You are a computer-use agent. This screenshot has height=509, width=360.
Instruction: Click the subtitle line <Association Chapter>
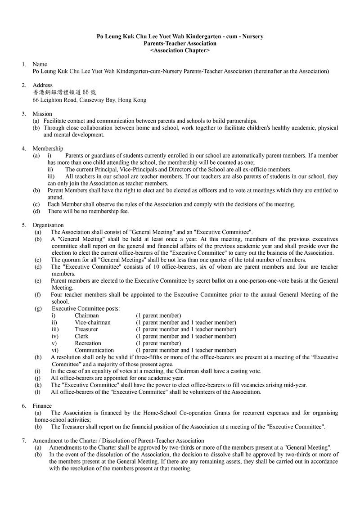pos(180,51)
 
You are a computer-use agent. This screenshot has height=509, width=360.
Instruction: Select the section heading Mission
pos(42,114)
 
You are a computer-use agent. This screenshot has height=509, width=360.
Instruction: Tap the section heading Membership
pos(48,149)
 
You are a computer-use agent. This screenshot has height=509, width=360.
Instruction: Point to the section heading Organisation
pos(48,225)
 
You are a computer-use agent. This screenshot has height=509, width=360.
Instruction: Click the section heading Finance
pos(42,406)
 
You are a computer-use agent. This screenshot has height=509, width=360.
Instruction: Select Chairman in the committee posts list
pos(87,315)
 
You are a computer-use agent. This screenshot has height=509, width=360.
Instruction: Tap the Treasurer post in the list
pos(86,329)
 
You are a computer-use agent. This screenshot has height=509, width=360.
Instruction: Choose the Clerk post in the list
pos(81,336)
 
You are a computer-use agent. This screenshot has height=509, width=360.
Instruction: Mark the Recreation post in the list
pos(88,343)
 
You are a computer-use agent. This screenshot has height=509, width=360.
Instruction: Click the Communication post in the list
pos(94,350)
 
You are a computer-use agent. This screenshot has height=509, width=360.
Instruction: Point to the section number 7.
pos(24,441)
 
